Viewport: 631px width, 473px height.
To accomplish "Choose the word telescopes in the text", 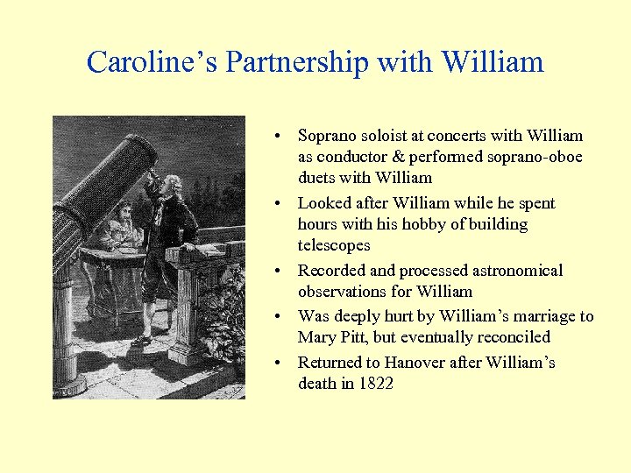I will click(x=334, y=245).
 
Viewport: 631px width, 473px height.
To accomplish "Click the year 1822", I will click(x=375, y=384).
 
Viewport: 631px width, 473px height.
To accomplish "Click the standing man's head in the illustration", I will click(x=174, y=185).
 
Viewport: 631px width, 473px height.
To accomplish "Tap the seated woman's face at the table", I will click(x=124, y=213).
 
